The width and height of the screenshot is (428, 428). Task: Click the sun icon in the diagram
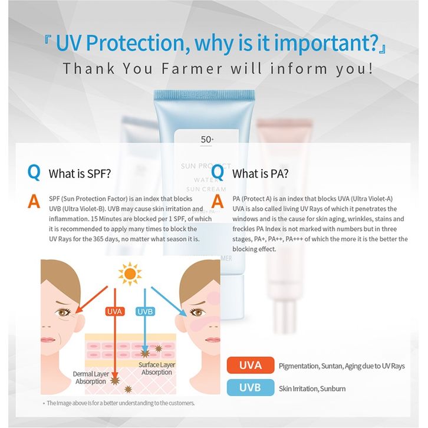[x=130, y=274]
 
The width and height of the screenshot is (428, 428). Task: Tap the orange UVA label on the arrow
[x=115, y=311]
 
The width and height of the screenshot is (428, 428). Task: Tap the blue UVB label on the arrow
[x=145, y=311]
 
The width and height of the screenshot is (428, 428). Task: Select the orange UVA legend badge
[x=251, y=366]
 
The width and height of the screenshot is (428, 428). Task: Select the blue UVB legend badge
[x=251, y=387]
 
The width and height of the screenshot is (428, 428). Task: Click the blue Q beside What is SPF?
[x=34, y=172]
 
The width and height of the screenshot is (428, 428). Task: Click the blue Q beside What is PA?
[x=218, y=172]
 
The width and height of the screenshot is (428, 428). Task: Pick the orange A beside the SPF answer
[x=34, y=202]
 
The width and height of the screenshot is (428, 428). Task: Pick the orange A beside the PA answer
[x=218, y=202]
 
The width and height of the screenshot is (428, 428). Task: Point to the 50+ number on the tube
[x=207, y=140]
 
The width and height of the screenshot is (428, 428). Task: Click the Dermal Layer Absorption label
[x=91, y=378]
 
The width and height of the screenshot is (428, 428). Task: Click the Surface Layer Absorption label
[x=157, y=368]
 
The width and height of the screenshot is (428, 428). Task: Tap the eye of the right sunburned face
[x=197, y=312]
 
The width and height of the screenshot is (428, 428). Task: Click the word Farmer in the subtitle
[x=192, y=68]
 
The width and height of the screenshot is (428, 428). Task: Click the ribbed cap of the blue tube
[x=204, y=95]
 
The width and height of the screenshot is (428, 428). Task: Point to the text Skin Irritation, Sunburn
[x=312, y=389]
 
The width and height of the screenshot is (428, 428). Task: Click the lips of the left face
[x=48, y=340]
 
